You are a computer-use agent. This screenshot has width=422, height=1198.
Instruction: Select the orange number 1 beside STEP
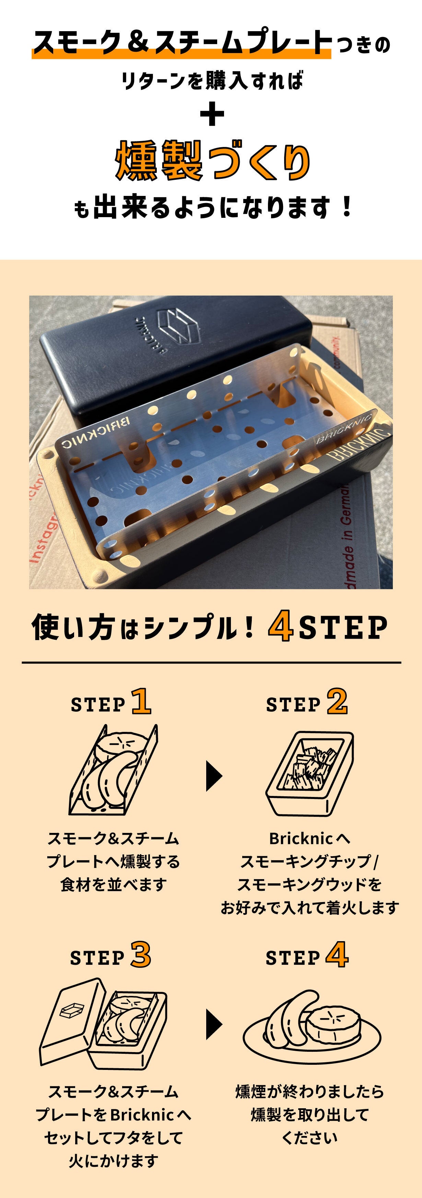(x=141, y=701)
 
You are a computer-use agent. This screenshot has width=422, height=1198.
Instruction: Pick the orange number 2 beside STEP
(x=337, y=701)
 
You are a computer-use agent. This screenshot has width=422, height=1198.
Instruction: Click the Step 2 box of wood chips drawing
(x=309, y=773)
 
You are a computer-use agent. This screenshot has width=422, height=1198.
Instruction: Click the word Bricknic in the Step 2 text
(x=301, y=839)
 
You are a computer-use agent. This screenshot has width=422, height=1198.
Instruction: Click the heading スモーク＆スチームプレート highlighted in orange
(x=181, y=42)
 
